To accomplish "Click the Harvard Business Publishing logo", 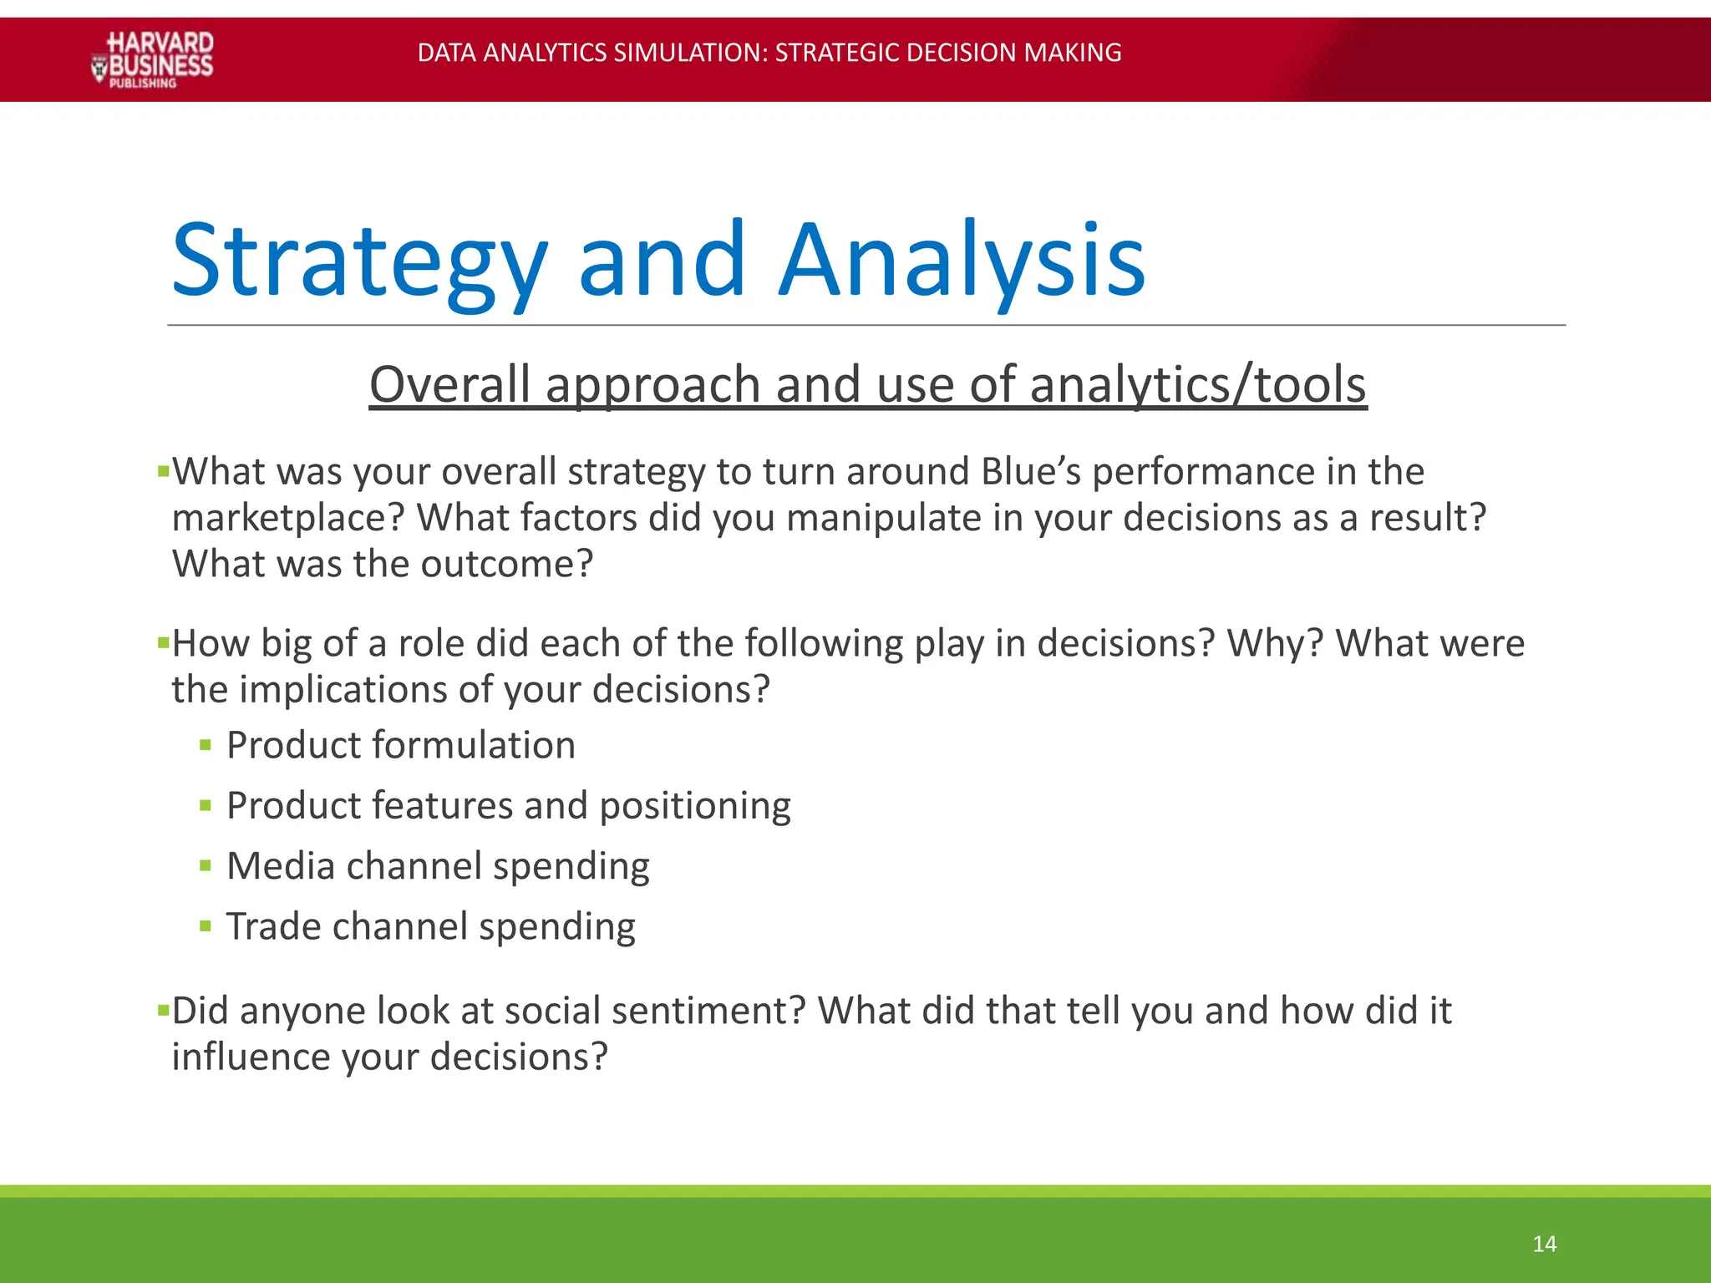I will click(152, 59).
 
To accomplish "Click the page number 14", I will click(1544, 1244).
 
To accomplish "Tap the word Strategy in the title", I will click(359, 261).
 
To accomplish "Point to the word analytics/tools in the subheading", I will click(1198, 385).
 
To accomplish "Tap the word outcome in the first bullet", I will click(506, 564).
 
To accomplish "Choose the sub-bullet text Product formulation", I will click(401, 745).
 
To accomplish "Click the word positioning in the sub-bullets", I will click(695, 806).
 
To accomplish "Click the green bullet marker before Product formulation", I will click(206, 746).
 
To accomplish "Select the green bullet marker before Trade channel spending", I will click(206, 926).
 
